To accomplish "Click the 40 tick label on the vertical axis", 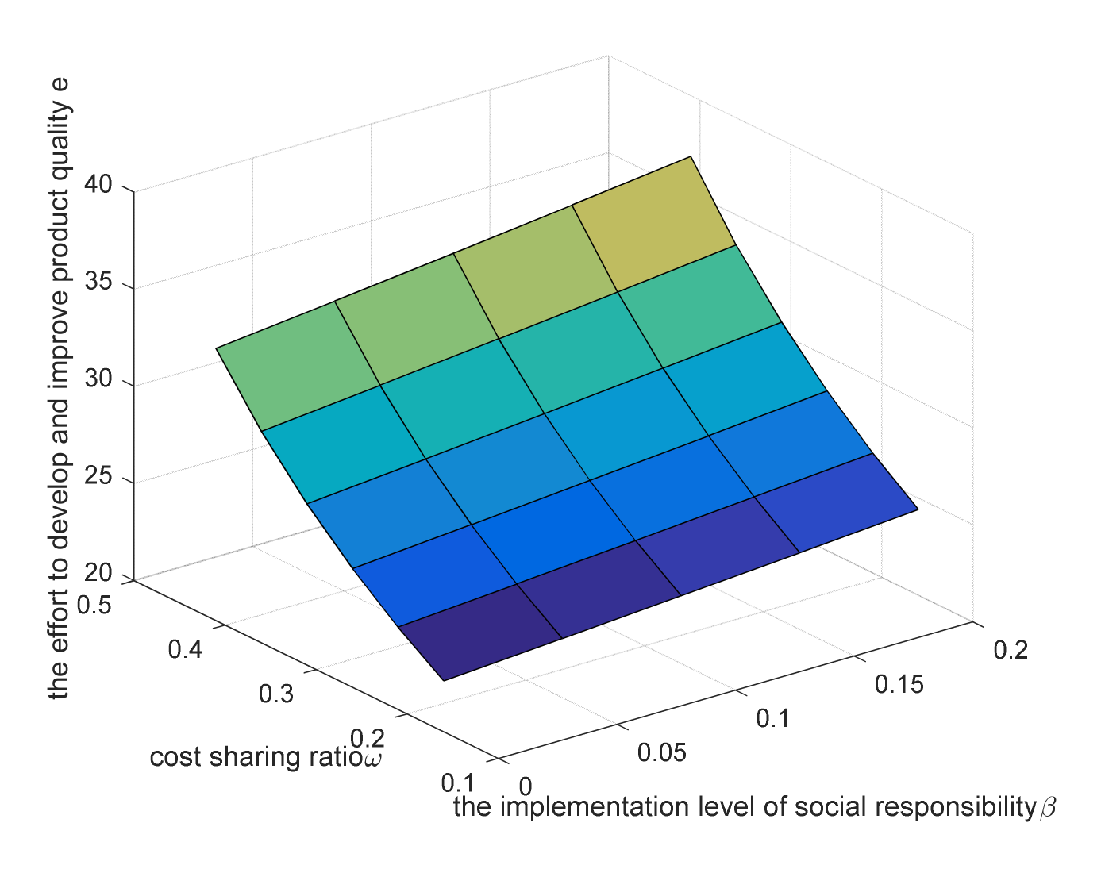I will (x=99, y=186).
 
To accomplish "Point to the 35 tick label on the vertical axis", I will (x=99, y=283).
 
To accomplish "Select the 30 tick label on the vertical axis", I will (x=99, y=380).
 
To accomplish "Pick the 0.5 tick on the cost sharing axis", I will (x=95, y=604).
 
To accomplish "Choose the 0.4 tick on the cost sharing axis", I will (x=185, y=649).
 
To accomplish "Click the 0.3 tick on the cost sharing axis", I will (x=276, y=694).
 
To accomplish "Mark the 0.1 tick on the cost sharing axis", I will (x=457, y=782).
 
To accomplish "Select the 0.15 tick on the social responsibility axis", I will (x=899, y=684).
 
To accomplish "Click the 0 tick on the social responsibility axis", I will (x=525, y=786).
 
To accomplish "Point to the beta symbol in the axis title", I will (x=1047, y=809).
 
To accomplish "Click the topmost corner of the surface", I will (x=691, y=156).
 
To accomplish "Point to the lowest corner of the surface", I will (x=443, y=680).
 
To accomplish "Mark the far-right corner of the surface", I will (x=918, y=509).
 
